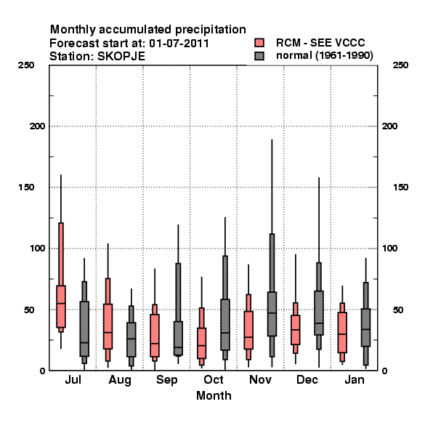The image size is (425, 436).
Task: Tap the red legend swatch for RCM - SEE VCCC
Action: click(259, 43)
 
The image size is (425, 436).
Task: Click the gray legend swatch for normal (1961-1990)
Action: click(259, 56)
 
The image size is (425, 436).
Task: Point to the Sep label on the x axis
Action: click(166, 380)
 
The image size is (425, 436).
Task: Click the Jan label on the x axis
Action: click(355, 380)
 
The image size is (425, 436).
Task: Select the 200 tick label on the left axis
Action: click(37, 126)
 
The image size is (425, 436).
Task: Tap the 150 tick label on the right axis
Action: click(400, 187)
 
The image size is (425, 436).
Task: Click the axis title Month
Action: click(214, 395)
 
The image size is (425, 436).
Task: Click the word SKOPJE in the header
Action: click(121, 57)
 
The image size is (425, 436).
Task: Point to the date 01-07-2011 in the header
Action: click(179, 44)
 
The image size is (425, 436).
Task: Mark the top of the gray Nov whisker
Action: click(272, 140)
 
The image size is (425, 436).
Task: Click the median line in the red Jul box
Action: click(61, 303)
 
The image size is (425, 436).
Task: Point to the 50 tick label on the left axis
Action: click(29, 310)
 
